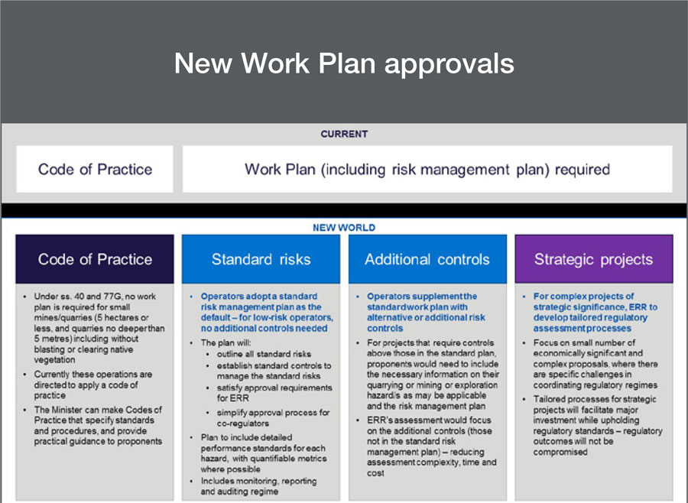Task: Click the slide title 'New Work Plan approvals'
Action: click(x=344, y=63)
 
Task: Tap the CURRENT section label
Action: click(x=344, y=134)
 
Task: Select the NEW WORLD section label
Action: click(x=344, y=227)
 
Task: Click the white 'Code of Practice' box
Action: click(x=95, y=169)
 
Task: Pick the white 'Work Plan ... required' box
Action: click(x=427, y=169)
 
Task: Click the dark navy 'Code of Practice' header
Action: click(x=95, y=259)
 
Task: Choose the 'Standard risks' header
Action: click(x=261, y=259)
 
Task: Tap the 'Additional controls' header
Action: click(x=427, y=259)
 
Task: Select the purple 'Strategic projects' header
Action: click(x=594, y=259)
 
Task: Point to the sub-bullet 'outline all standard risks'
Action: click(x=264, y=354)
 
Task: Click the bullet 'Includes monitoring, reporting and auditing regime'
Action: click(x=258, y=486)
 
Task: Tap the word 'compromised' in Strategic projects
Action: click(x=560, y=452)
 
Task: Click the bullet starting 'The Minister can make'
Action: click(x=98, y=425)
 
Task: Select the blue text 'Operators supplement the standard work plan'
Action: click(x=422, y=301)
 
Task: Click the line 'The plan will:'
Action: click(x=226, y=342)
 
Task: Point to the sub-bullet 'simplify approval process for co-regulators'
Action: click(x=273, y=418)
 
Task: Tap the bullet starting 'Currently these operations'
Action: click(x=93, y=385)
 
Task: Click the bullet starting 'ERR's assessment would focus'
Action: click(x=432, y=446)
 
